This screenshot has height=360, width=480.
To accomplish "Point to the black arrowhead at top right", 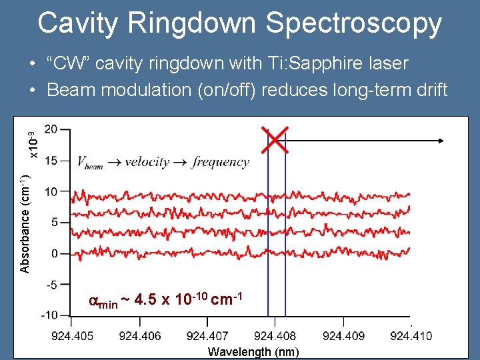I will (x=441, y=140).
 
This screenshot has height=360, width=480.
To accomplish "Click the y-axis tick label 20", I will (x=51, y=129).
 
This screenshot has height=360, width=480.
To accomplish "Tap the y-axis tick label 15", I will (x=51, y=160).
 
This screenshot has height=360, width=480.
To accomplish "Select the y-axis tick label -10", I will (x=49, y=315).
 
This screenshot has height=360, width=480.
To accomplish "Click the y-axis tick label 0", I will (x=54, y=253).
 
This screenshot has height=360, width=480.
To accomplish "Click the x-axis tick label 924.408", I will (x=275, y=335).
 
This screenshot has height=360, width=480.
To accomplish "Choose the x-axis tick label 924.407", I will (x=207, y=335).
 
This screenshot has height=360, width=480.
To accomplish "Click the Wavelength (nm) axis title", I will (x=253, y=352).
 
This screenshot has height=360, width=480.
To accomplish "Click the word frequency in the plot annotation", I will (x=220, y=162).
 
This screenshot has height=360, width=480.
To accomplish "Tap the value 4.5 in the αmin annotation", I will (x=145, y=299).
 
